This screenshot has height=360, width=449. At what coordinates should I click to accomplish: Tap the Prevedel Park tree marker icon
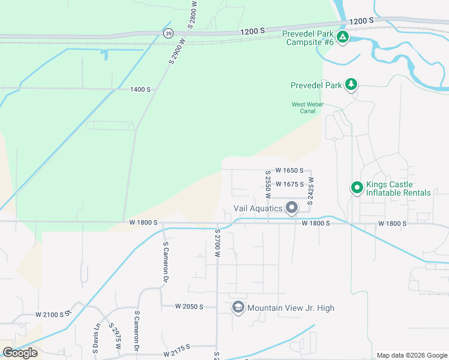(x=351, y=85)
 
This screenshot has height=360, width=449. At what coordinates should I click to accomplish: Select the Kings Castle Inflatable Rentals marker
(x=357, y=188)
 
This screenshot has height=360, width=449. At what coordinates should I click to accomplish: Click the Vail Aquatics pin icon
(x=292, y=208)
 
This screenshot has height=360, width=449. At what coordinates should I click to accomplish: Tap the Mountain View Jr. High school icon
(x=238, y=307)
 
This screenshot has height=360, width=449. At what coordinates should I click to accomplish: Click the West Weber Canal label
(x=307, y=107)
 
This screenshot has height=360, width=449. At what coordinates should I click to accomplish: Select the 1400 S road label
(x=140, y=89)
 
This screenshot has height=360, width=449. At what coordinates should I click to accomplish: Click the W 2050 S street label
(x=189, y=307)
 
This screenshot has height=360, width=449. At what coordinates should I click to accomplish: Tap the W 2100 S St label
(x=53, y=314)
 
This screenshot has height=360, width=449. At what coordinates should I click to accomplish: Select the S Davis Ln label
(x=95, y=338)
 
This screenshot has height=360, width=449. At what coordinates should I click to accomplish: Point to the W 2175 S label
(x=176, y=346)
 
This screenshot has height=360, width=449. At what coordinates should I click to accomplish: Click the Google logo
(x=20, y=353)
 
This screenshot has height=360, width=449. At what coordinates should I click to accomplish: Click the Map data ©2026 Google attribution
(x=411, y=355)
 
